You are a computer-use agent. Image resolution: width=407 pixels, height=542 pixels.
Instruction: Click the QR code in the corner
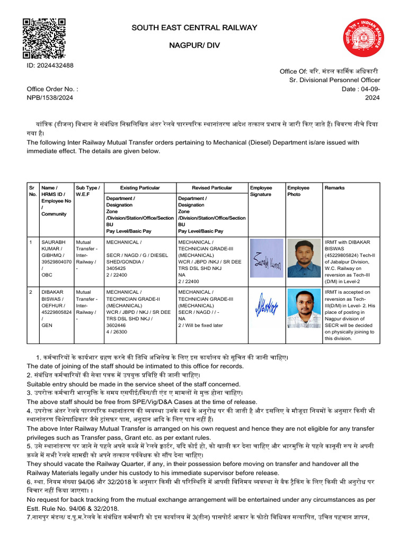coord(44,38)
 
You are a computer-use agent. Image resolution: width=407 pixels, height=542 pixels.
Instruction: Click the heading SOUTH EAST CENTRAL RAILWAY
coord(194,28)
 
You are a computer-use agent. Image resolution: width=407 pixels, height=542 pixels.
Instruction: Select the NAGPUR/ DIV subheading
coord(194,46)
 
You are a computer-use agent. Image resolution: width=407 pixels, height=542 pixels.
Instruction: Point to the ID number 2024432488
coord(50,65)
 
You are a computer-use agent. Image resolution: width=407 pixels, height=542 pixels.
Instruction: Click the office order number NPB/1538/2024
coord(50,98)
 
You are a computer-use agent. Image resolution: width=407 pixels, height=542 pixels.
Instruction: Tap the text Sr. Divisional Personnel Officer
coord(334,80)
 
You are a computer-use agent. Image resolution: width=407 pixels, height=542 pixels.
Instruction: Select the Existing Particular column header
coord(140,188)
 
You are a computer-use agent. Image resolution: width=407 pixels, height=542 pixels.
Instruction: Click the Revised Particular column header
coord(211,188)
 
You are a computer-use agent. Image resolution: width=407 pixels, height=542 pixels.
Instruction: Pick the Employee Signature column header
coord(261,191)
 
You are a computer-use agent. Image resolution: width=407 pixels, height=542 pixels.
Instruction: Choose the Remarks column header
coord(334,188)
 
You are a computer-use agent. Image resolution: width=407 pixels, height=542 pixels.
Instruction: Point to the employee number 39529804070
coord(56,261)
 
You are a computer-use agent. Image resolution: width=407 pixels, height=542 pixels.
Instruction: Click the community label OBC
coord(47,275)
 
